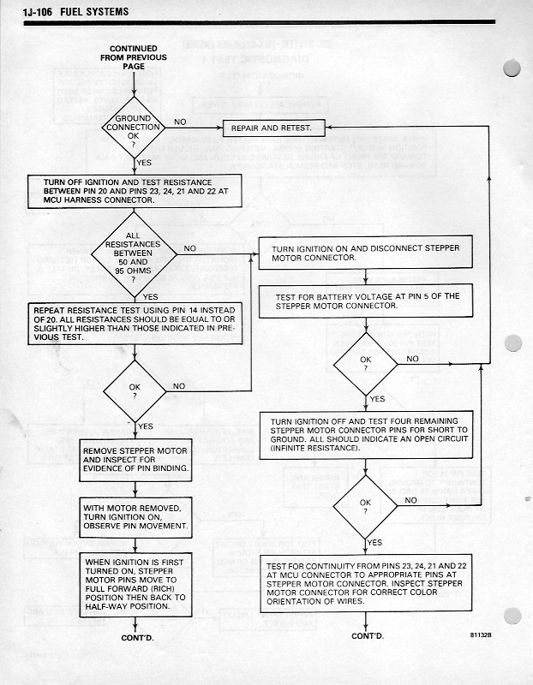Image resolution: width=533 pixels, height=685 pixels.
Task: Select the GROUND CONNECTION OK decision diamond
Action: pyautogui.click(x=132, y=128)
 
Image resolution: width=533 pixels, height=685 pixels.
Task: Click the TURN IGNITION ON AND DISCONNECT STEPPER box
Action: pyautogui.click(x=366, y=253)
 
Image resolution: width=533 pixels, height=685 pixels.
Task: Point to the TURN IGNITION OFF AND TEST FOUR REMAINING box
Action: pyautogui.click(x=366, y=435)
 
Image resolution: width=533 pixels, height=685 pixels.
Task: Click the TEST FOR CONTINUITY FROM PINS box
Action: pyautogui.click(x=366, y=583)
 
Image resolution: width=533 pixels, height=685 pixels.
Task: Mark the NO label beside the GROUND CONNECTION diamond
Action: pyautogui.click(x=180, y=122)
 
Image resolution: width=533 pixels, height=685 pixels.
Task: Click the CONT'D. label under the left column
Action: pyautogui.click(x=132, y=636)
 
